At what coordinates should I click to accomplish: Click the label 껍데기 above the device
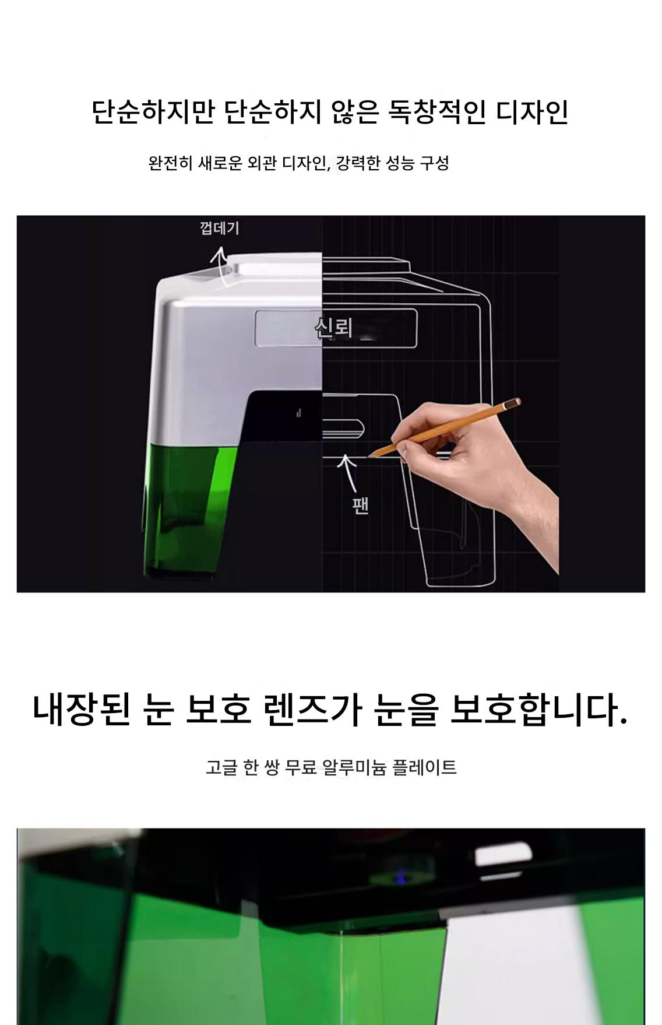219,227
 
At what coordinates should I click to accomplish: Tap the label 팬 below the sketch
361,506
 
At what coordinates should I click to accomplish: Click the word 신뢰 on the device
333,327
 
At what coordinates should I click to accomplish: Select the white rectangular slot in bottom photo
503,855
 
